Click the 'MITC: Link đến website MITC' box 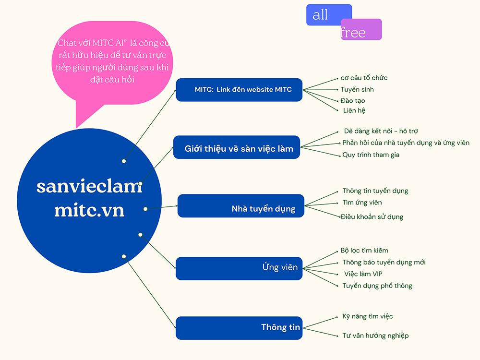[239, 90]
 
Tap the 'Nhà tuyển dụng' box [241, 206]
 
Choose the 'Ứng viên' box [239, 268]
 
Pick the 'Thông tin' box [239, 328]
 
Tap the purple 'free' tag [360, 30]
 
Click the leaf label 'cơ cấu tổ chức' [364, 78]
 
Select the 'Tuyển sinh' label [357, 89]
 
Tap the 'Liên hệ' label [354, 110]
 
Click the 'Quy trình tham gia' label [371, 155]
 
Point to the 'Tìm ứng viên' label [362, 203]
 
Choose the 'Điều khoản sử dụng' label [372, 216]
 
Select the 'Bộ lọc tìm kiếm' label [364, 250]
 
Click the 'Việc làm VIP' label [363, 274]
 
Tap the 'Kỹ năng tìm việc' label [368, 316]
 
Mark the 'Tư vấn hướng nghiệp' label [375, 336]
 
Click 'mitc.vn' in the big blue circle [89, 210]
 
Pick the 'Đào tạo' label [353, 100]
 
